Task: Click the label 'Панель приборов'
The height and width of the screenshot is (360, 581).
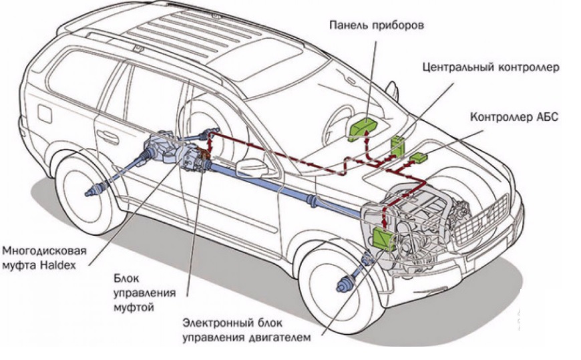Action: (377, 25)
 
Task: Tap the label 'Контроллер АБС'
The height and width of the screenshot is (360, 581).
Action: (514, 117)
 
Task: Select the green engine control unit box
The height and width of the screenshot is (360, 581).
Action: (384, 239)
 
